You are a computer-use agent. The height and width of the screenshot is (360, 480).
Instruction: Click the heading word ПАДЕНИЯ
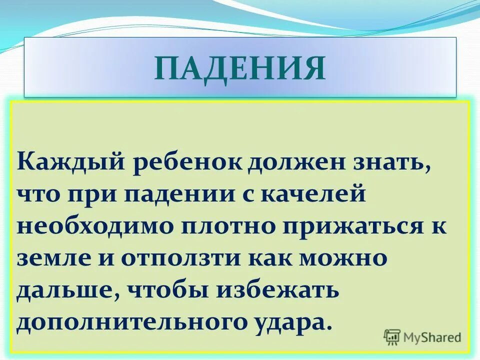coord(240,68)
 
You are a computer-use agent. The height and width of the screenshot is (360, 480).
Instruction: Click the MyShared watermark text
coord(432,337)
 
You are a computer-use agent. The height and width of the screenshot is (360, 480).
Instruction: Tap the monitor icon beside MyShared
coord(392,337)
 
